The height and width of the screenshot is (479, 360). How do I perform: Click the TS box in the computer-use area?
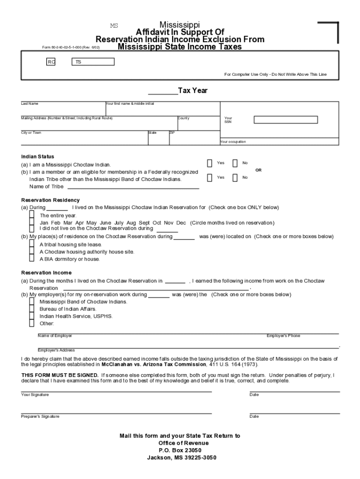[93, 62]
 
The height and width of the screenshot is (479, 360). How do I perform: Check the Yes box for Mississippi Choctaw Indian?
[209, 163]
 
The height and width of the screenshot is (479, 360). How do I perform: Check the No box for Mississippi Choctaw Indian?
[235, 163]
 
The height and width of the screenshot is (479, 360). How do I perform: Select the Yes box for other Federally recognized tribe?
[209, 177]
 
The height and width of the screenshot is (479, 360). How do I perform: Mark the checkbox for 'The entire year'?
[32, 215]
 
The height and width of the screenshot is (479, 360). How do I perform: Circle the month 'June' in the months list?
[105, 223]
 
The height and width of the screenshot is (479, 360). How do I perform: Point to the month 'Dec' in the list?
[181, 223]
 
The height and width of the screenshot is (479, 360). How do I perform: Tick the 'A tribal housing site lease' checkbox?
[32, 244]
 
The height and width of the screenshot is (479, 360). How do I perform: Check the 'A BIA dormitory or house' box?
[32, 259]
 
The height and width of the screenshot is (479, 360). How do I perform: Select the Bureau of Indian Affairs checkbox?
[32, 309]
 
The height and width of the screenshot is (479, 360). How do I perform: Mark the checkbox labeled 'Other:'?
[32, 323]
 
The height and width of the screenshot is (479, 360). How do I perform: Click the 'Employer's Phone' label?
[283, 336]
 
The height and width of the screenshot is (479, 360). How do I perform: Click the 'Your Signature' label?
[35, 395]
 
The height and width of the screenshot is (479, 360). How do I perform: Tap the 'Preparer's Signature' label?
[40, 416]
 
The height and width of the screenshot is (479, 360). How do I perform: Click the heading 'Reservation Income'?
[46, 273]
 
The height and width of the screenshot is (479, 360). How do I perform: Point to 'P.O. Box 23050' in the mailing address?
[180, 450]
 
